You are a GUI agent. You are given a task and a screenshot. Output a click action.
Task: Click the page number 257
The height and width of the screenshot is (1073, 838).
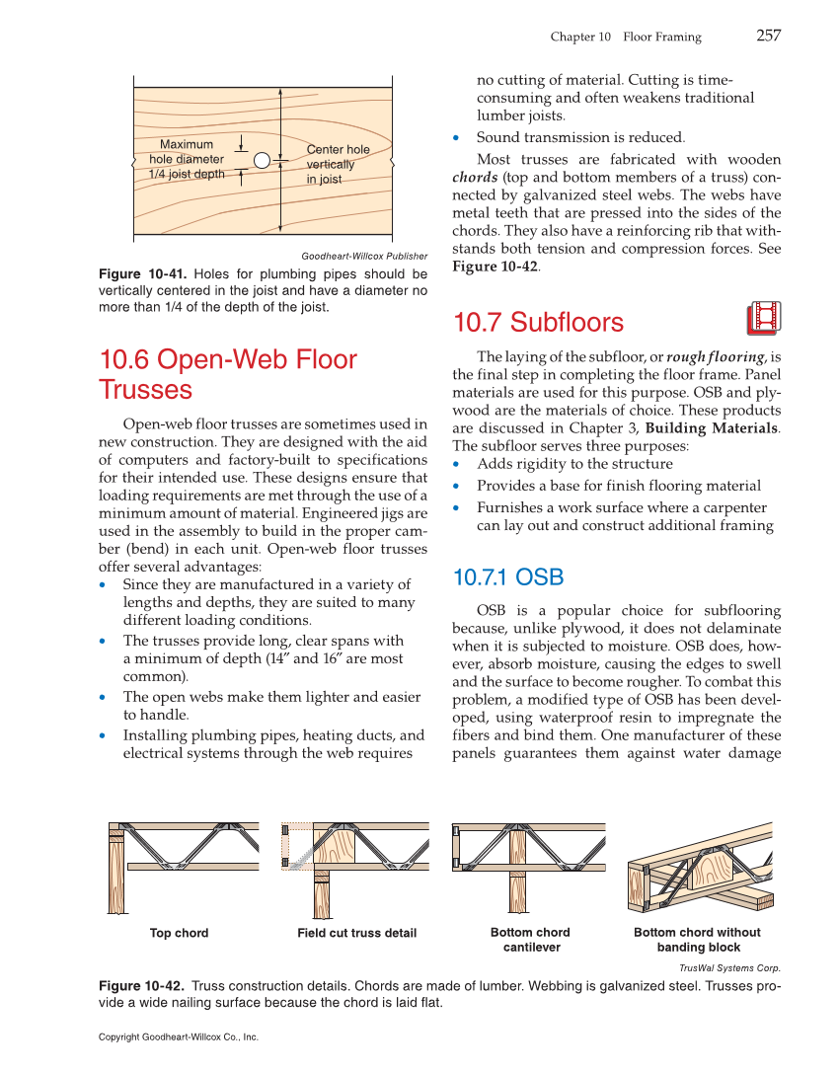tap(769, 36)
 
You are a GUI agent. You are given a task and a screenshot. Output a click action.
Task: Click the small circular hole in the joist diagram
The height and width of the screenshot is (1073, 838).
tap(262, 160)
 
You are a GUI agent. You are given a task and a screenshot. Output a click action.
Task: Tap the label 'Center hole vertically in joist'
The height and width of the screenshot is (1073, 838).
tap(338, 165)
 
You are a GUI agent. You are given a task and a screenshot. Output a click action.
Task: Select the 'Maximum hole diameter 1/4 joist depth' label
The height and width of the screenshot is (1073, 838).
tap(187, 160)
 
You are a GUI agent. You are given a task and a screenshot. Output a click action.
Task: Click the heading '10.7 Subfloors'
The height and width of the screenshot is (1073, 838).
tap(538, 323)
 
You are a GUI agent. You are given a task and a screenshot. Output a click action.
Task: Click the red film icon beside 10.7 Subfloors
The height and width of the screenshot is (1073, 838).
tap(764, 318)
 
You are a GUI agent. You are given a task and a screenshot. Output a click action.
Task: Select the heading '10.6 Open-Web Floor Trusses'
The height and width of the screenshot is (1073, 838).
tap(228, 374)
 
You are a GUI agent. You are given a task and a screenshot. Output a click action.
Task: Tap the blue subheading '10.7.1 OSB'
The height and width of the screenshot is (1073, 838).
tap(507, 576)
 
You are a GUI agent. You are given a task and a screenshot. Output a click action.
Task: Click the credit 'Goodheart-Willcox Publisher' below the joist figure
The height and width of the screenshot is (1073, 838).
tap(364, 256)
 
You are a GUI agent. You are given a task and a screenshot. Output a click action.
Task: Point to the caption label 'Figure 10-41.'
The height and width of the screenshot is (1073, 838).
tap(143, 274)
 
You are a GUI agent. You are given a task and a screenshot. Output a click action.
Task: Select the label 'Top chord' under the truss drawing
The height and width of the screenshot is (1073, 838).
tap(179, 933)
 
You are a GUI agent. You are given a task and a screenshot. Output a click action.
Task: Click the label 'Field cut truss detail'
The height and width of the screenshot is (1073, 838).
tap(356, 933)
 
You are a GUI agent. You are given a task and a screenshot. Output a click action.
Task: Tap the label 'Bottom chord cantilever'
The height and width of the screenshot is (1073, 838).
tap(530, 940)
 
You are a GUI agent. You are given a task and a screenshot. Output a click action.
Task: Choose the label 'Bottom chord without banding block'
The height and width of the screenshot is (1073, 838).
tap(697, 940)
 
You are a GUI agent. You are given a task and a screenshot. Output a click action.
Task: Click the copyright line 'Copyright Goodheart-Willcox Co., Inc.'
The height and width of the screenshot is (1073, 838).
tap(179, 1037)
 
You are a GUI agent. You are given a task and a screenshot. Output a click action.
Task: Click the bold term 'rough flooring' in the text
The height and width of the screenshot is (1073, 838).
tap(716, 356)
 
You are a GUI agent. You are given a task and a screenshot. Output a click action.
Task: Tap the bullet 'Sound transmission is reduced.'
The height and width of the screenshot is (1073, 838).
tap(579, 137)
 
